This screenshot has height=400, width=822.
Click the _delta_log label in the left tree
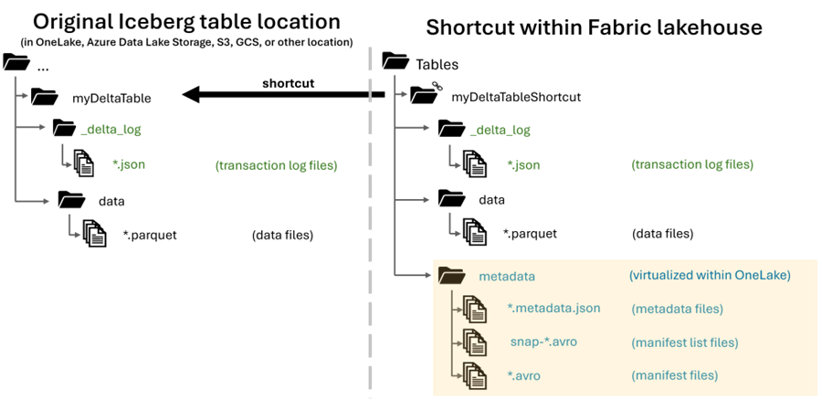pyautogui.click(x=111, y=130)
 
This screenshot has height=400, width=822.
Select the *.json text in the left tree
pyautogui.click(x=129, y=165)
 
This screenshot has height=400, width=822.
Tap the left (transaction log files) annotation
pyautogui.click(x=276, y=165)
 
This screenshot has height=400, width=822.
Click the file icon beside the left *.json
pyautogui.click(x=84, y=165)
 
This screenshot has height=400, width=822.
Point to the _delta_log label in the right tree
pyautogui.click(x=500, y=130)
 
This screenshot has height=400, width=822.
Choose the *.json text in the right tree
pyautogui.click(x=523, y=165)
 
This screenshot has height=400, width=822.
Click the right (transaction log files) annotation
pyautogui.click(x=691, y=165)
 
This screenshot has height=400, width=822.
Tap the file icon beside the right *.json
pyautogui.click(x=474, y=164)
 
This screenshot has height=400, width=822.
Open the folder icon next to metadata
pyautogui.click(x=451, y=275)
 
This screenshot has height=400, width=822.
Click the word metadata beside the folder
pyautogui.click(x=507, y=276)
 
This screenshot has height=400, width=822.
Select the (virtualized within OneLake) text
pyautogui.click(x=709, y=275)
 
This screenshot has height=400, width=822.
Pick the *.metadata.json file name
pyautogui.click(x=553, y=308)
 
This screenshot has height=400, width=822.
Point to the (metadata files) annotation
pyautogui.click(x=677, y=309)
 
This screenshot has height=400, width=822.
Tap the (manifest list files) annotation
pyautogui.click(x=684, y=342)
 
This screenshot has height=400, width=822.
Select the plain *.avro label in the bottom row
pyautogui.click(x=523, y=375)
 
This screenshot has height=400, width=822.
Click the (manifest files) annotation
pyautogui.click(x=674, y=375)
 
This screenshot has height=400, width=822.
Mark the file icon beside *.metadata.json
pyautogui.click(x=474, y=309)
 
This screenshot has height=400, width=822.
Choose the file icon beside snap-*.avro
pyautogui.click(x=474, y=342)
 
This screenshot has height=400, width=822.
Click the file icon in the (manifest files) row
pyautogui.click(x=474, y=374)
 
